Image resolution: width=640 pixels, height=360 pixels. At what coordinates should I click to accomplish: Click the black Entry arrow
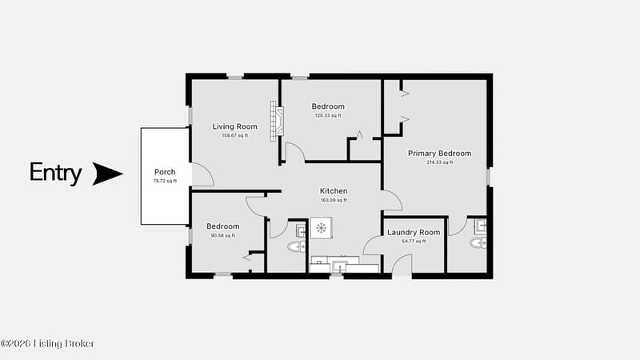click(x=108, y=174)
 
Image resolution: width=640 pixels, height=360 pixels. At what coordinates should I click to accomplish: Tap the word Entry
click(x=55, y=173)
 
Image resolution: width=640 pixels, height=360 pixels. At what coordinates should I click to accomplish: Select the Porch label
click(x=165, y=172)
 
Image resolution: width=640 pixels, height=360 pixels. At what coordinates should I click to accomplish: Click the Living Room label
click(x=234, y=126)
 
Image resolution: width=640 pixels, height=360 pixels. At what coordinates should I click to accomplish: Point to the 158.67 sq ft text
click(x=234, y=135)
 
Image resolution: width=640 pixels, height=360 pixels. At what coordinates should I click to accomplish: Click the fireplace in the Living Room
click(x=277, y=122)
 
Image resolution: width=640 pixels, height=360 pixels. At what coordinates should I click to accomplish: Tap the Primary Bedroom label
click(x=439, y=154)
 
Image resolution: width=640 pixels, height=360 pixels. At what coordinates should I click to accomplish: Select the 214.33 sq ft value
click(x=439, y=162)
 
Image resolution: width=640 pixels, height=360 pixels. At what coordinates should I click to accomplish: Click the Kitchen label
click(x=334, y=191)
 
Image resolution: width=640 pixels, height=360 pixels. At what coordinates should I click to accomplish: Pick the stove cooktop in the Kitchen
click(x=322, y=228)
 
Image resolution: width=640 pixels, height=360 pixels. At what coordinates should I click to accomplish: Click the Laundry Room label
click(x=414, y=233)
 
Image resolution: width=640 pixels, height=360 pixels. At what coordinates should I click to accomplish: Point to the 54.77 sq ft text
click(x=414, y=242)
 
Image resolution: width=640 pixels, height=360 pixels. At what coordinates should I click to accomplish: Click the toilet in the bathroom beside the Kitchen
click(x=297, y=246)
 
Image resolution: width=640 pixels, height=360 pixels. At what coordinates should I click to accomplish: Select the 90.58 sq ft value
click(x=223, y=235)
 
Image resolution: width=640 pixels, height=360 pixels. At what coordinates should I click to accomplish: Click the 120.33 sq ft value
click(x=328, y=115)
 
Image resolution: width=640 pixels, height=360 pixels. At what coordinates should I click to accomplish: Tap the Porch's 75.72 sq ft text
click(x=165, y=182)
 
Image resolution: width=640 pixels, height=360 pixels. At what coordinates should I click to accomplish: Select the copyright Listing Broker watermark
click(x=47, y=344)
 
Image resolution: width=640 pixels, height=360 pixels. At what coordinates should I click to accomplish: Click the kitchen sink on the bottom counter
click(x=339, y=267)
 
